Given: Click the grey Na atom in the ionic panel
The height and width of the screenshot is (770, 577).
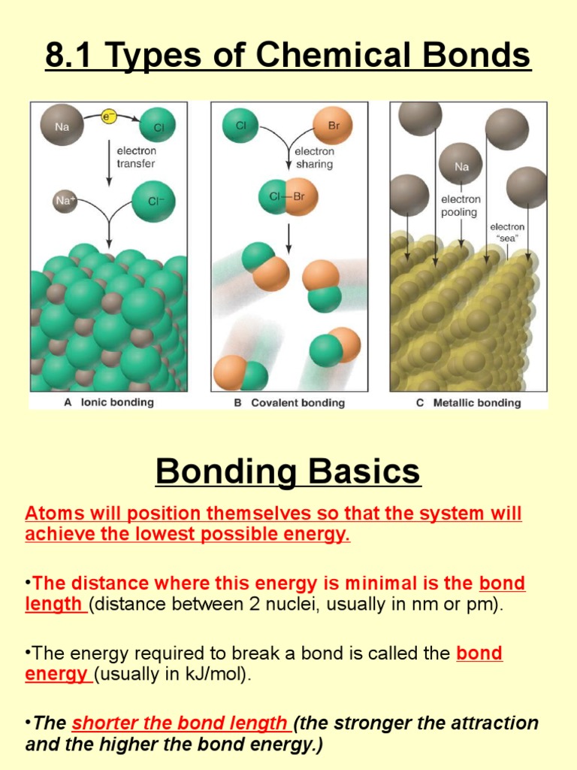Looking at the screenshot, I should [62, 126].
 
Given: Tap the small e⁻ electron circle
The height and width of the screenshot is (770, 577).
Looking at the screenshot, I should [108, 117].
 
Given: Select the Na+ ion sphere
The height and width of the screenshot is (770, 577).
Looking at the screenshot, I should [65, 202].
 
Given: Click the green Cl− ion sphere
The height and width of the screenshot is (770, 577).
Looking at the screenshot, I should [153, 202].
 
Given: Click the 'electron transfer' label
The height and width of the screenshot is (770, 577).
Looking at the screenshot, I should [136, 156].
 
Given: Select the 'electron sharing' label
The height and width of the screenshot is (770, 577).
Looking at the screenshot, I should [314, 157].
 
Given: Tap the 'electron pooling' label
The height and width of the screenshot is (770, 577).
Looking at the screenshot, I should [461, 206].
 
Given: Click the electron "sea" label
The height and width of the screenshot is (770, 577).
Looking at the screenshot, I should [507, 232].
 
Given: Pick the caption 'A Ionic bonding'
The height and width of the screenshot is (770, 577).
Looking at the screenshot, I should [109, 402].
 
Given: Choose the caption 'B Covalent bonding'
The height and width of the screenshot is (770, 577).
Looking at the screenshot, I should [289, 402].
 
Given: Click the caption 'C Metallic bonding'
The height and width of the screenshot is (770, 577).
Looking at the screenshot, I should [468, 402].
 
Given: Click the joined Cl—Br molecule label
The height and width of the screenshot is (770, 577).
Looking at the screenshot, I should [287, 197].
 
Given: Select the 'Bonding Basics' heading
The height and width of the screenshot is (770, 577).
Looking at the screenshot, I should [288, 471].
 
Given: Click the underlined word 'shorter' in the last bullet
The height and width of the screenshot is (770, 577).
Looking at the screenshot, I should [101, 723].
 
